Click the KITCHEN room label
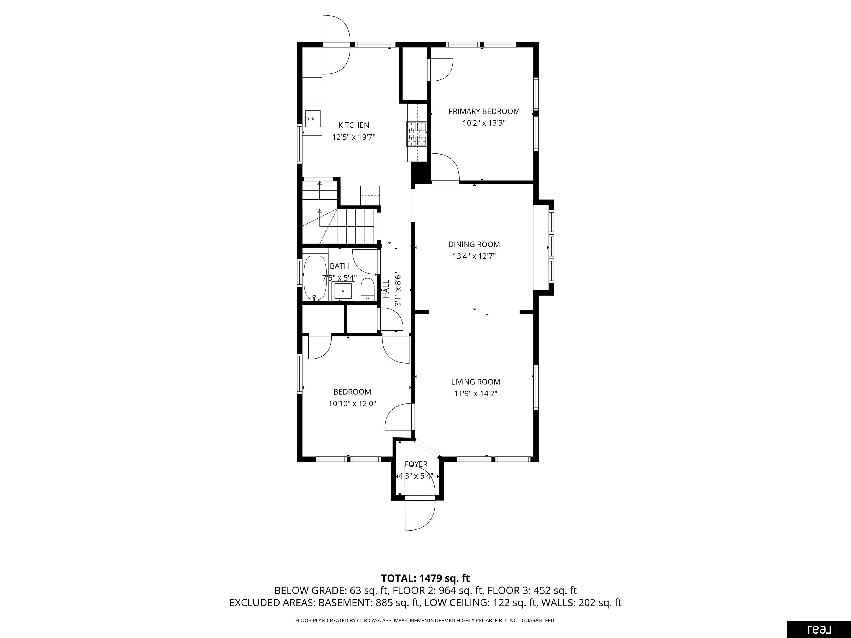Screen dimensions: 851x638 pos(353,125)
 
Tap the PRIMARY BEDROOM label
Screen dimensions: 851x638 pos(484,112)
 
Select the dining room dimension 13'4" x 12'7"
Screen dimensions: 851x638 pos(474,256)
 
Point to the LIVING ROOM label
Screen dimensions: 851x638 pos(476,382)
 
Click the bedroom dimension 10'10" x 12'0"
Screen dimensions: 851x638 pos(352,404)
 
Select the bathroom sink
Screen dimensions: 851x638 pos(343,291)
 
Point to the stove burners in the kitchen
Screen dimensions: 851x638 pos(416,133)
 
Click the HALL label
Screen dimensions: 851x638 pos(386,289)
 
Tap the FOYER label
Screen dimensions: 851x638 pos(416,465)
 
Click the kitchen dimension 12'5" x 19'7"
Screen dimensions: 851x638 pos(353,137)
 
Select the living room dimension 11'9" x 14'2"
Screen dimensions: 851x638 pos(476,394)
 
